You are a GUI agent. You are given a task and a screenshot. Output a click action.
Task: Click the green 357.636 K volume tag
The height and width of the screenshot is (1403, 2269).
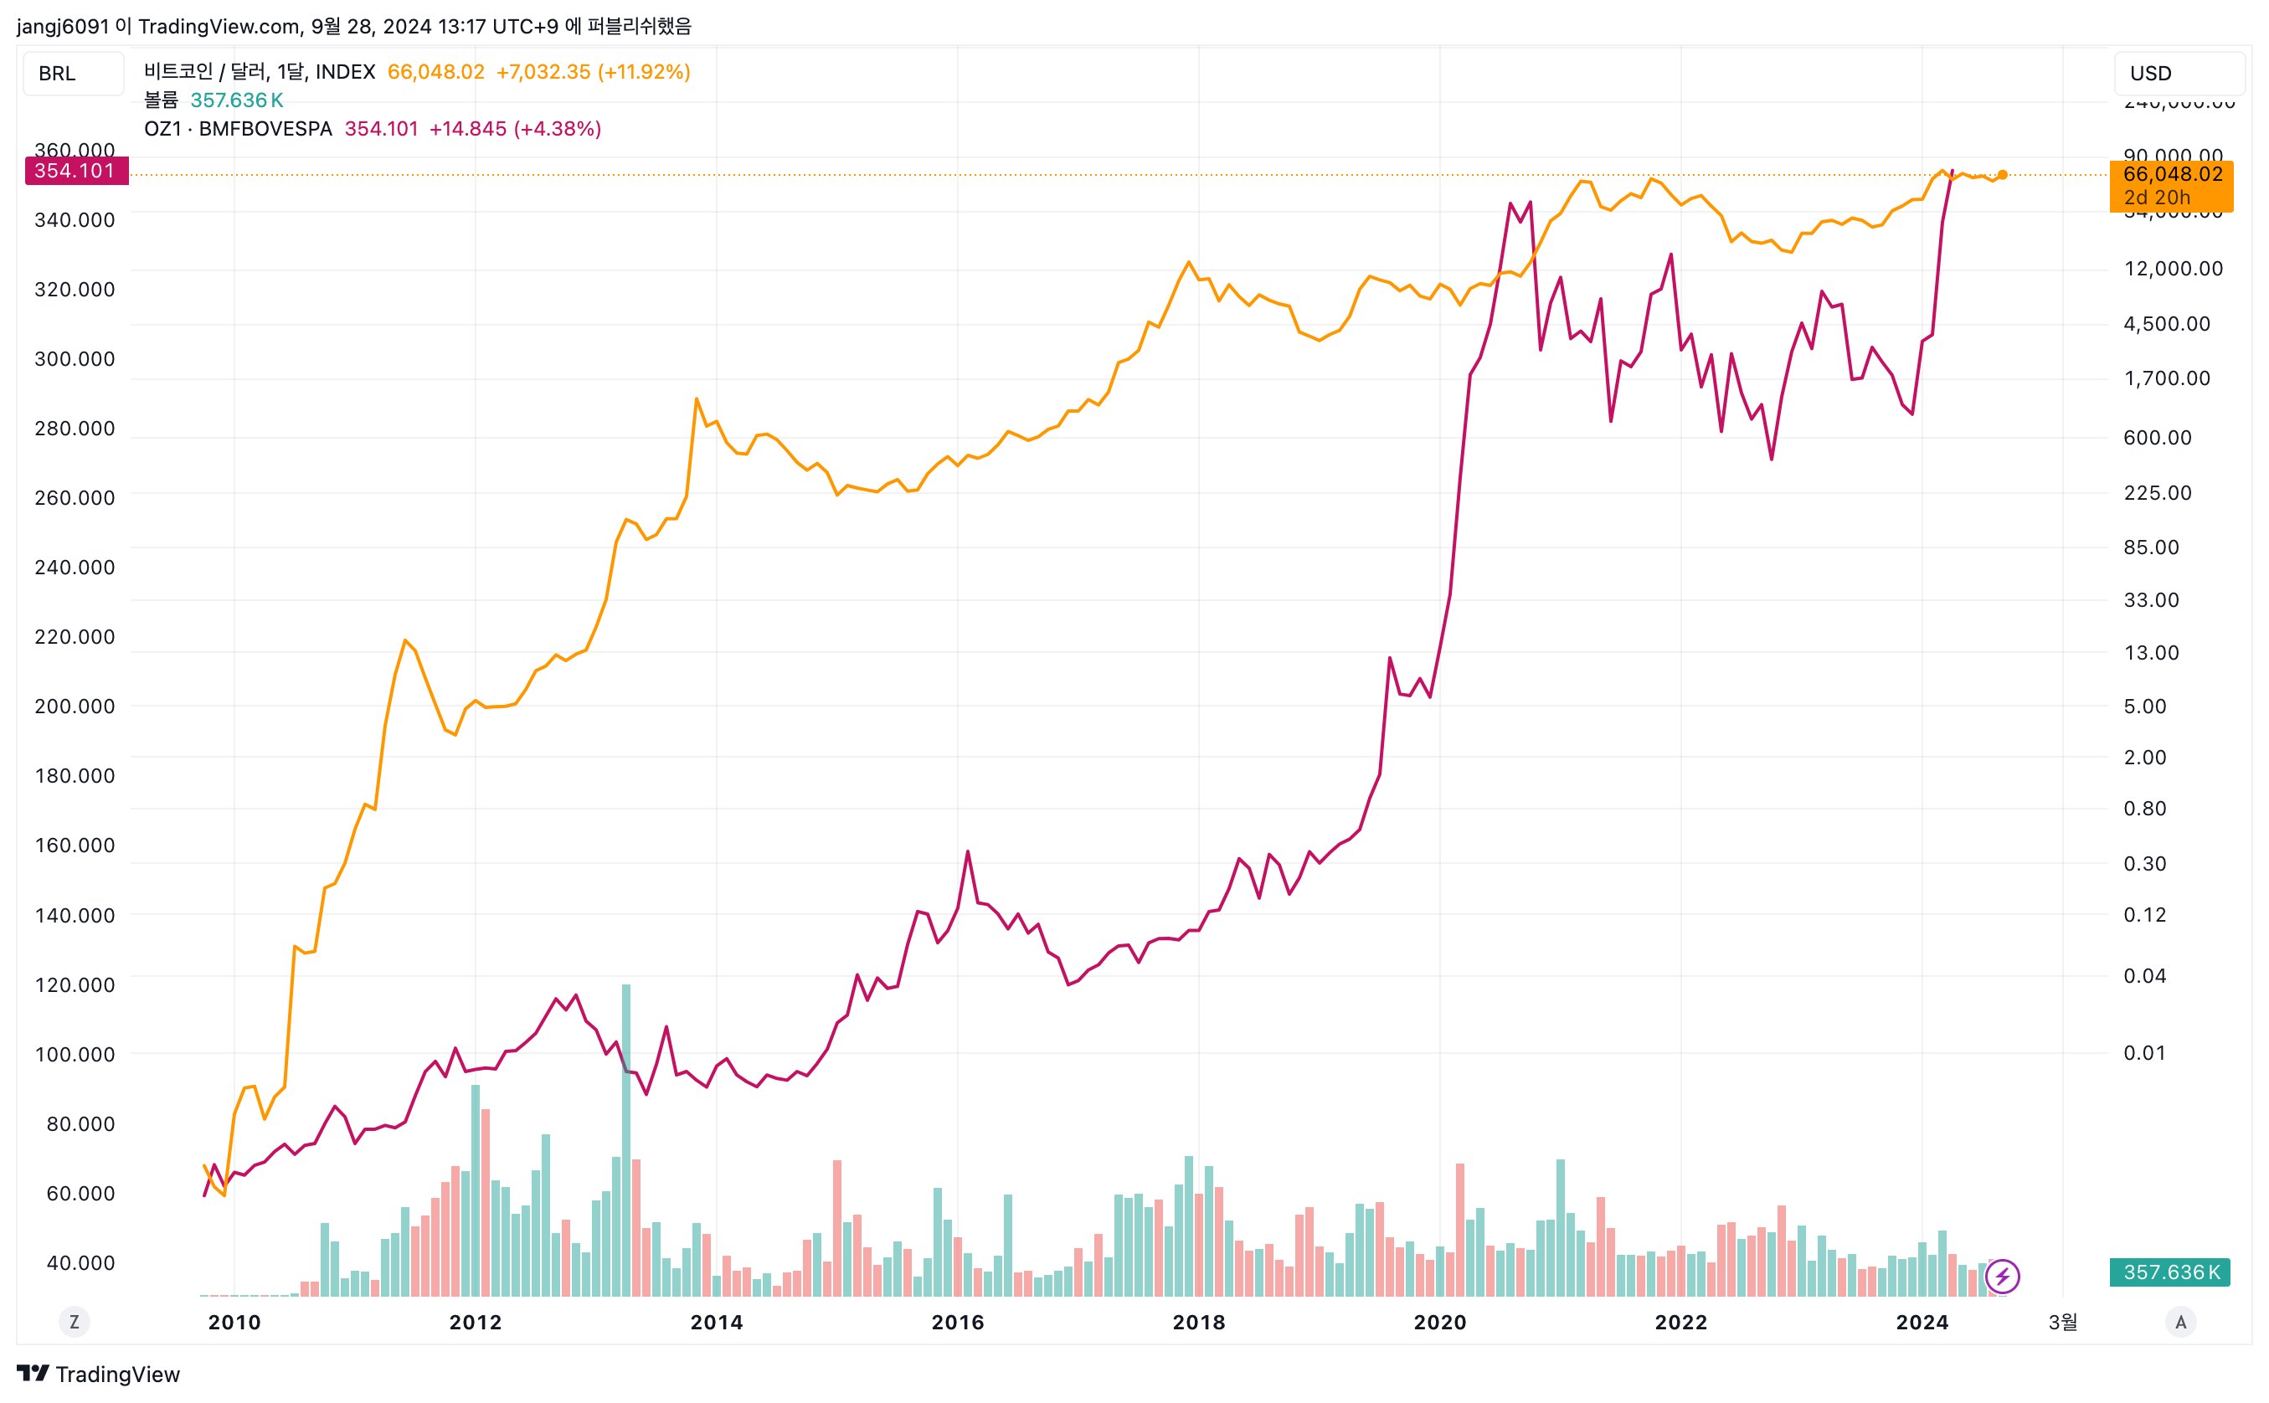tap(2169, 1272)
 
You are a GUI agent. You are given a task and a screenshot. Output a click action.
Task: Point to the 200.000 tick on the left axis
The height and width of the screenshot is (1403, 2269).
tap(75, 707)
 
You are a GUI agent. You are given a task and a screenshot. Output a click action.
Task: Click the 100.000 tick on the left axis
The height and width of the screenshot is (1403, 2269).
tap(75, 1054)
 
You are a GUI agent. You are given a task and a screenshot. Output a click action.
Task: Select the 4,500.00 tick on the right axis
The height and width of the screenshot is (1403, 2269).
tap(2166, 324)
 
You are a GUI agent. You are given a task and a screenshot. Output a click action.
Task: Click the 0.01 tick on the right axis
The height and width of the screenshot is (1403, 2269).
tap(2143, 1052)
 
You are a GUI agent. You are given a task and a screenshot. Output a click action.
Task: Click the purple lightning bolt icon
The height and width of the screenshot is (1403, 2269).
tap(2002, 1276)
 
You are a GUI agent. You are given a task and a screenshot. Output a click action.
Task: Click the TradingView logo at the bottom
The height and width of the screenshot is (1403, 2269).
tap(98, 1374)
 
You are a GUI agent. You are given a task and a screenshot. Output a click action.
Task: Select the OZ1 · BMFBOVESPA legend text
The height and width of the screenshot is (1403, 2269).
tap(238, 129)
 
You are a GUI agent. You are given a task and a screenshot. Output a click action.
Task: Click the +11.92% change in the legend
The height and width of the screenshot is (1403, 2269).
tap(644, 72)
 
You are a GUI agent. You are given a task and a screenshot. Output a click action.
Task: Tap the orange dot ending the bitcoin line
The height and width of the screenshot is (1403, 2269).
tap(2002, 174)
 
